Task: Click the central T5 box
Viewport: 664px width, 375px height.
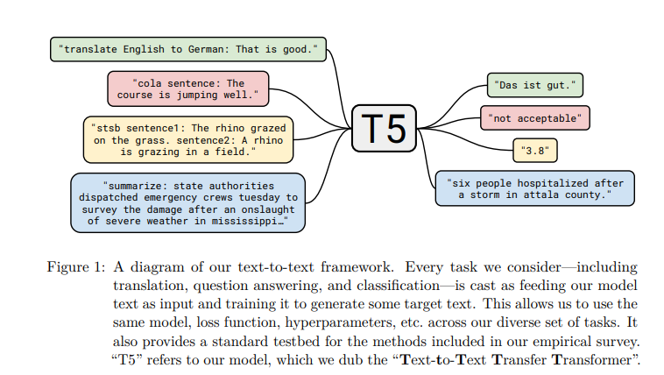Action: click(x=384, y=129)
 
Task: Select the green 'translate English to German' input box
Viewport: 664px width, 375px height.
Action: click(x=188, y=49)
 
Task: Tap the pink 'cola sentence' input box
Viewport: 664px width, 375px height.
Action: click(x=188, y=88)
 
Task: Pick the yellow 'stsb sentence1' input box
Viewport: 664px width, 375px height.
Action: click(x=188, y=139)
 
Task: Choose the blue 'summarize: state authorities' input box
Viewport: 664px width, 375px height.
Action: click(x=188, y=202)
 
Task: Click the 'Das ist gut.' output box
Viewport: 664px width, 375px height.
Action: click(x=535, y=85)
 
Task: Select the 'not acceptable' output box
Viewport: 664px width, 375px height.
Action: click(x=535, y=117)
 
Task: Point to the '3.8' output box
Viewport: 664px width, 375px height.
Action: click(x=535, y=151)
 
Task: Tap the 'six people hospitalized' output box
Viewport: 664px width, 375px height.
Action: click(x=534, y=188)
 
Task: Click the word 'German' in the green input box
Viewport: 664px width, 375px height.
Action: click(x=211, y=49)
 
